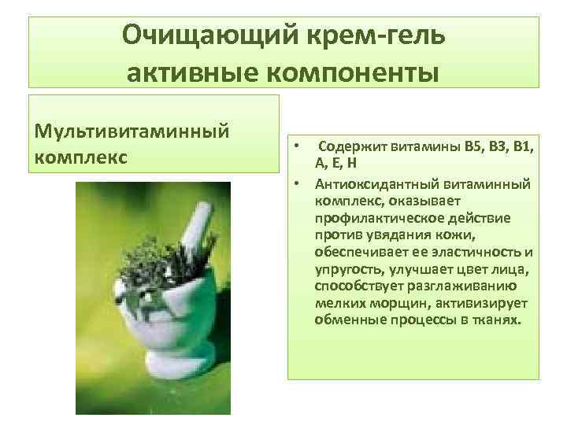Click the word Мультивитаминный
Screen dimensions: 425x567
(x=132, y=128)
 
